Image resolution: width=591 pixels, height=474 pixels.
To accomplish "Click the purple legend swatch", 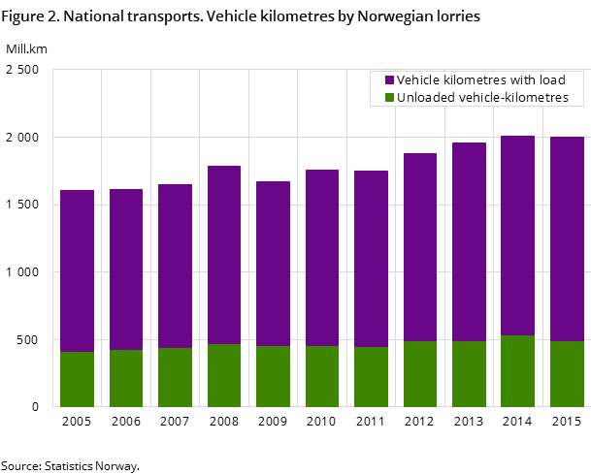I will pos(390,80).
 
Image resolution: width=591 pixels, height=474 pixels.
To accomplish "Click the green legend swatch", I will pos(390,98).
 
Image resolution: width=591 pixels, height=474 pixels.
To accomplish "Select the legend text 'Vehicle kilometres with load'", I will pos(480,80).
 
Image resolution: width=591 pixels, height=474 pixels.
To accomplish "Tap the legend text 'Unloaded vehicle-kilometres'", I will pos(482,98).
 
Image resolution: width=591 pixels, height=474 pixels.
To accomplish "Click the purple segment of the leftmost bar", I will pos(77,271).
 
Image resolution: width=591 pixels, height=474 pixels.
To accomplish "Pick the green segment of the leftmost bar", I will pos(77,379).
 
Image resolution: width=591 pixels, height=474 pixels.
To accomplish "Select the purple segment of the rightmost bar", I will pos(567,238).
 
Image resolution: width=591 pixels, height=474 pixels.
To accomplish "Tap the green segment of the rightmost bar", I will pos(567,374).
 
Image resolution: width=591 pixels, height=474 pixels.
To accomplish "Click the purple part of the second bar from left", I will pos(126,269).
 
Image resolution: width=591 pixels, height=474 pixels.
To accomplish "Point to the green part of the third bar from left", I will pos(175,377).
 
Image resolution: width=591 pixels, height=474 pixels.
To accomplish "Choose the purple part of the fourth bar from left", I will pos(224,255).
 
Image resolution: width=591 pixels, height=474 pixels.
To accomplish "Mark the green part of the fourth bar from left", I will pos(224,375).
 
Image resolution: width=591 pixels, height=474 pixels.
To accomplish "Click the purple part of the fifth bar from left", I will pos(273,264).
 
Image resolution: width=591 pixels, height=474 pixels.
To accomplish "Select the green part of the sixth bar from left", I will pos(322,376).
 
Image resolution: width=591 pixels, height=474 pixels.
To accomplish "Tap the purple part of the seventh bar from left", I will pos(371,259).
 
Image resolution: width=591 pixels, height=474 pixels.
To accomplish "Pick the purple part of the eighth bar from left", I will pos(420,247).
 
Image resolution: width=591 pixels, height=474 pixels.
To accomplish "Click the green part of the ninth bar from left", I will pos(469,374).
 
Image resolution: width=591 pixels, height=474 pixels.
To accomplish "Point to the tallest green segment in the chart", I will pos(517,371).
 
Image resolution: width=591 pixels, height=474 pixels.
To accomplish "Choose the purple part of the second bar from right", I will pos(517,236).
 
